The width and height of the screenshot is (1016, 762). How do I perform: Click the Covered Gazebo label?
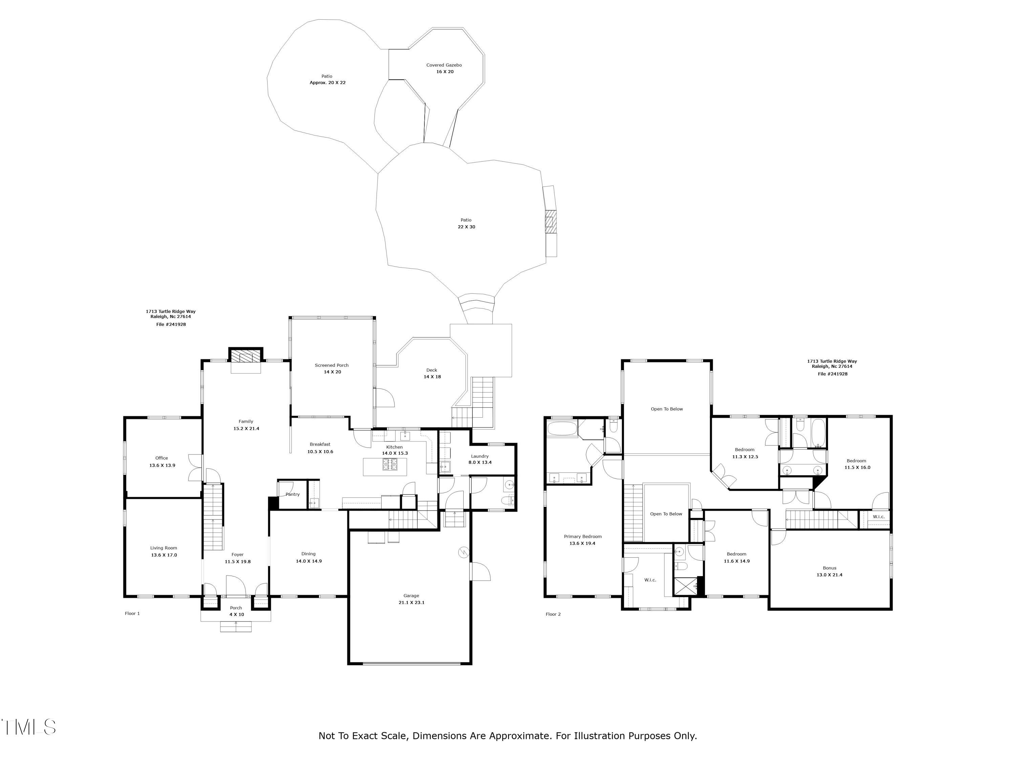pyautogui.click(x=444, y=65)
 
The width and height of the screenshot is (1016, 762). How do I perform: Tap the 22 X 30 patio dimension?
pyautogui.click(x=466, y=227)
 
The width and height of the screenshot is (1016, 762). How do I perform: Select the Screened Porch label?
pyautogui.click(x=332, y=365)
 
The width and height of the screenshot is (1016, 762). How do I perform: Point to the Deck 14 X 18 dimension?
pyautogui.click(x=432, y=377)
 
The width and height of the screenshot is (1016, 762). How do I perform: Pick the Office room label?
pyautogui.click(x=162, y=458)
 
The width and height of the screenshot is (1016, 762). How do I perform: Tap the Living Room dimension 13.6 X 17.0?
pyautogui.click(x=164, y=555)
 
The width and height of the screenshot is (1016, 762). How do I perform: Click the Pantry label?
pyautogui.click(x=293, y=494)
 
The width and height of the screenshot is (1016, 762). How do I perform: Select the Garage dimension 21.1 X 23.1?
pyautogui.click(x=411, y=602)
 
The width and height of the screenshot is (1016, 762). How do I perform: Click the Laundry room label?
pyautogui.click(x=480, y=456)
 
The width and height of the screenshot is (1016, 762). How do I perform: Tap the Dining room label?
pyautogui.click(x=309, y=554)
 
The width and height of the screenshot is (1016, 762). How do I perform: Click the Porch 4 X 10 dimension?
pyautogui.click(x=236, y=615)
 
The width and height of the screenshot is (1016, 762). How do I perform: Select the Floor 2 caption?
pyautogui.click(x=553, y=614)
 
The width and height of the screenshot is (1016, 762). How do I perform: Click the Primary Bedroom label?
pyautogui.click(x=583, y=536)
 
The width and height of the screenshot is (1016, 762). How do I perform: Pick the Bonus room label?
pyautogui.click(x=829, y=568)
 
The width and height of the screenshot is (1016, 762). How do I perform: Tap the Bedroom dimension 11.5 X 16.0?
pyautogui.click(x=857, y=468)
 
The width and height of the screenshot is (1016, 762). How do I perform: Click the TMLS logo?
pyautogui.click(x=28, y=727)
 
